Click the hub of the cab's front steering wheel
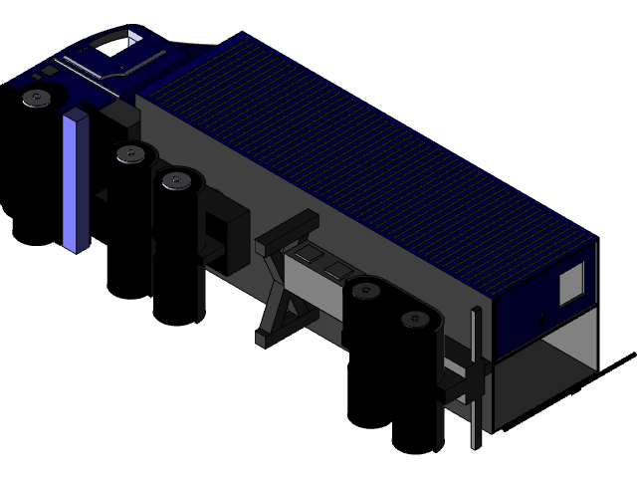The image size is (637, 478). [37, 98]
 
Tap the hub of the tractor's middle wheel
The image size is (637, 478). [129, 153]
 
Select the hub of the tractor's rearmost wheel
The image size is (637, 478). [177, 180]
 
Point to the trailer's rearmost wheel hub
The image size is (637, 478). [413, 319]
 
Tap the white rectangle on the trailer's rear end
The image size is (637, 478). [571, 287]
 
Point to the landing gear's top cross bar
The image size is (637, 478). [287, 231]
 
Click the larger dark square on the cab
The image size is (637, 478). [47, 73]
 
